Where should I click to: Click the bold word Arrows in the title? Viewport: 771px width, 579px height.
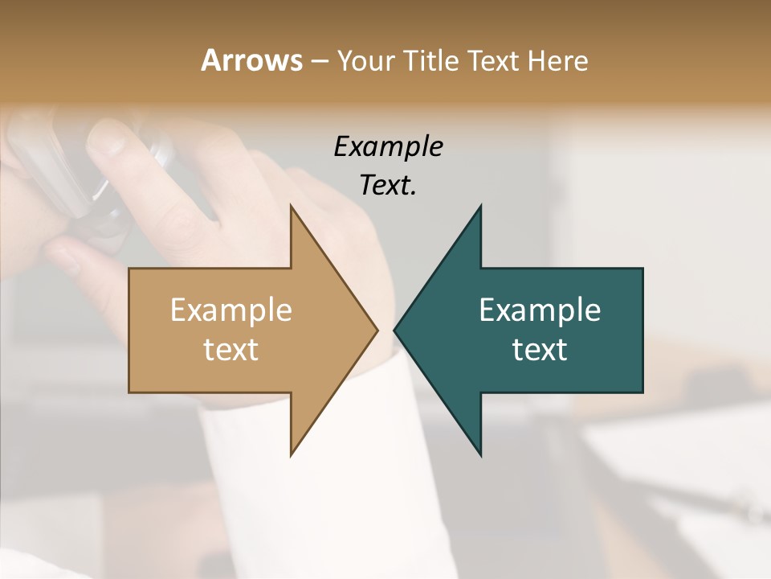point(251,60)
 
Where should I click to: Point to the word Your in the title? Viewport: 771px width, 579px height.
point(363,61)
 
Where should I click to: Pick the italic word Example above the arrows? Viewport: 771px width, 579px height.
point(389,146)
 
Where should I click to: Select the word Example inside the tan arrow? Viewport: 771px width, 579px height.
point(231,310)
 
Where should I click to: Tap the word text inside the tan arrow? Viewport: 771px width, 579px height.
point(231,350)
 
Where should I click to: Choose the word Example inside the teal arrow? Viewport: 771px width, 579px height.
point(540,310)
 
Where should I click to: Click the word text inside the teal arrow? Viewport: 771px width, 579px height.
point(540,350)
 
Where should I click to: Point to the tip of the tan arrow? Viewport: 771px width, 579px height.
point(377,330)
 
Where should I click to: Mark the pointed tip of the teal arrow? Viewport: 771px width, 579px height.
point(395,330)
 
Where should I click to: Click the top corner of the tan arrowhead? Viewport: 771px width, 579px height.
point(292,207)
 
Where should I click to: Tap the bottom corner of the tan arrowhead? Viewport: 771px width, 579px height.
point(292,454)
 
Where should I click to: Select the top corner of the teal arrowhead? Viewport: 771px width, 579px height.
point(480,207)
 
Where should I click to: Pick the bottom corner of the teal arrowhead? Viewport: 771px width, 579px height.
point(480,454)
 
